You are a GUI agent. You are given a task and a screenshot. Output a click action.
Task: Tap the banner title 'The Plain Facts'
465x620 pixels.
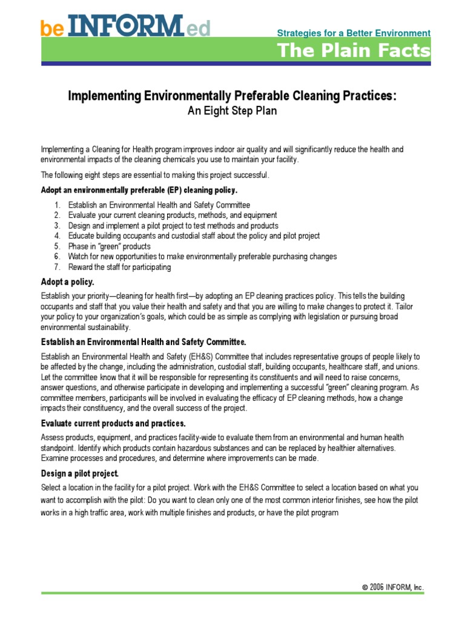point(354,51)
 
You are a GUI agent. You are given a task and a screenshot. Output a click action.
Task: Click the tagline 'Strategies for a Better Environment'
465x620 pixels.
point(354,33)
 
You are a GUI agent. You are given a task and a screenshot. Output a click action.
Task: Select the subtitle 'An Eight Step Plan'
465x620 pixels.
point(232,111)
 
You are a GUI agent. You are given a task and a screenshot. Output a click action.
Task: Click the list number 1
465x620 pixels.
point(57,205)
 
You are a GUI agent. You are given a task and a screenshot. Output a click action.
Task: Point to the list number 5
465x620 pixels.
point(57,246)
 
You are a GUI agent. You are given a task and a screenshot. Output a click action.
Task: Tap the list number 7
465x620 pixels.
point(57,267)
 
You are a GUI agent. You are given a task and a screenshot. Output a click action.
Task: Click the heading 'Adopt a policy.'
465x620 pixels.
point(68,282)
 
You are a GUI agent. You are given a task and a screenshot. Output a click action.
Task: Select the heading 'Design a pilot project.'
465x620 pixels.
point(80,473)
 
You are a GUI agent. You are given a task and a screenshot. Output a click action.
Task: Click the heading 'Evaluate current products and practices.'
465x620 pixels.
point(113,423)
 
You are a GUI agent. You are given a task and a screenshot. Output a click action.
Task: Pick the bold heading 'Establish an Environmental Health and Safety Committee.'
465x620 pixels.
point(143,341)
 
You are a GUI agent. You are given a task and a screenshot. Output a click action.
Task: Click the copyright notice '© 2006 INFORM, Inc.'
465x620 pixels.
point(393,588)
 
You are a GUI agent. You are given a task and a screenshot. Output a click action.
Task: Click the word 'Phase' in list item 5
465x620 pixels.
point(79,246)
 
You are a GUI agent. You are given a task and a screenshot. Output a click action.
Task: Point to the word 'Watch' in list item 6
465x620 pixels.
point(79,257)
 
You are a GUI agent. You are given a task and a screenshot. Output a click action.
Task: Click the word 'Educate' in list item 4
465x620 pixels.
point(83,236)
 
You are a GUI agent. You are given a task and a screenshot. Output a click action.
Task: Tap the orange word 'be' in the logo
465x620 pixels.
point(52,28)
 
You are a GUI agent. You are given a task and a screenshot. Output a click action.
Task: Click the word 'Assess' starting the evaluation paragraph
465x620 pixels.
point(53,437)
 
